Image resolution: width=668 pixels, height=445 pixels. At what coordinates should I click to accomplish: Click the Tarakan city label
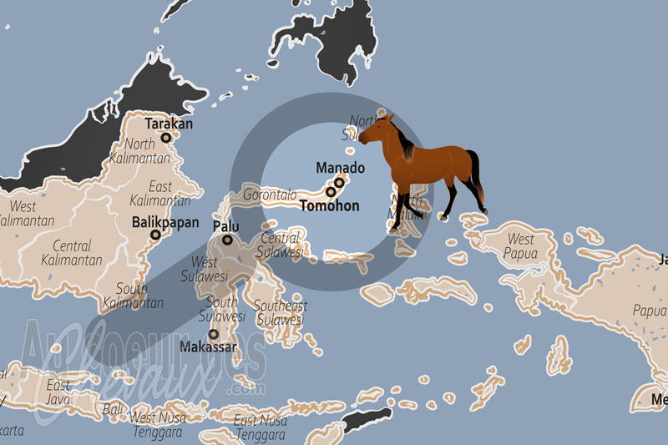pyautogui.click(x=169, y=124)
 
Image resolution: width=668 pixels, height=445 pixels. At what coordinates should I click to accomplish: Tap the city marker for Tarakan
pyautogui.click(x=166, y=138)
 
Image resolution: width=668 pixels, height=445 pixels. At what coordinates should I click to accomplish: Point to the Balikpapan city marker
pyautogui.click(x=155, y=235)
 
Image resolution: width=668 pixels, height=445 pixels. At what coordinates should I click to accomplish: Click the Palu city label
pyautogui.click(x=225, y=226)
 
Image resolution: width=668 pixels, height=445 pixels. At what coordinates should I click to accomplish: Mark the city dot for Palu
pyautogui.click(x=227, y=240)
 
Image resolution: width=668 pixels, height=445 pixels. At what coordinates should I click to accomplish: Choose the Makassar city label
pyautogui.click(x=208, y=346)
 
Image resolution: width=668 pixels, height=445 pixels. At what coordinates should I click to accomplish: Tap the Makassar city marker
pyautogui.click(x=214, y=333)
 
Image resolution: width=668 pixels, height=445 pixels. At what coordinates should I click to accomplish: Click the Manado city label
pyautogui.click(x=340, y=168)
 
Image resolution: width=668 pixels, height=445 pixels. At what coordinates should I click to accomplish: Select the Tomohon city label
pyautogui.click(x=329, y=205)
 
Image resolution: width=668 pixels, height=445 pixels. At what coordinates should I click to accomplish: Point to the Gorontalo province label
pyautogui.click(x=270, y=195)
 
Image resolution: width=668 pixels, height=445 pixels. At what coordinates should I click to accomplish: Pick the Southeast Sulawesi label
pyautogui.click(x=280, y=312)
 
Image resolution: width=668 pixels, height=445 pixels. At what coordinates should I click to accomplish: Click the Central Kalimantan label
pyautogui.click(x=71, y=252)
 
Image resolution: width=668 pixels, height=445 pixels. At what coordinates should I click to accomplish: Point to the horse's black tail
pyautogui.click(x=477, y=175)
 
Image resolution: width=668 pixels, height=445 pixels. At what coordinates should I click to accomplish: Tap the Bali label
pyautogui.click(x=112, y=409)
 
